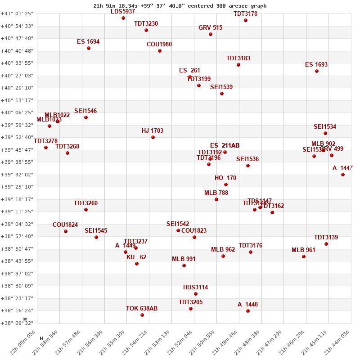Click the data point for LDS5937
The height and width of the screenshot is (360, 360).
tap(123, 18)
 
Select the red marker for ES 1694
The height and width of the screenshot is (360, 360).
tap(89, 48)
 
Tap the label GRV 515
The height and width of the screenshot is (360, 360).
tap(210, 27)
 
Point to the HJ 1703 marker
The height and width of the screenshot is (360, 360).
tap(153, 137)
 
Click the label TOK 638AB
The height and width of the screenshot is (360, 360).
tap(142, 308)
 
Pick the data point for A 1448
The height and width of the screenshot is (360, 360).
tap(248, 311)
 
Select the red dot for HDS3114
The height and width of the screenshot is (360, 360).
tap(196, 294)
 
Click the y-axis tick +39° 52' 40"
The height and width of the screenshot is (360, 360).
tap(17, 137)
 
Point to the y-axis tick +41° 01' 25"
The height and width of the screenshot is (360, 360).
tap(17, 13)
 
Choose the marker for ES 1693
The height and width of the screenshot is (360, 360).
tap(317, 71)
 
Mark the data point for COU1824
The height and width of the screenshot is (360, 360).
tap(66, 231)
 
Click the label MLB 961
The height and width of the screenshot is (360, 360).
tap(303, 250)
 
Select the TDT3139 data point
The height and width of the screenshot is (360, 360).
tap(326, 244)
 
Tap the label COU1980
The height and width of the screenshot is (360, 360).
tap(159, 44)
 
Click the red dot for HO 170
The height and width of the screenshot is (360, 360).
tap(226, 184)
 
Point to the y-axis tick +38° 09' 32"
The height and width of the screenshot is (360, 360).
tap(17, 323)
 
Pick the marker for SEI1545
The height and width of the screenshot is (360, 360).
tap(96, 237)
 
